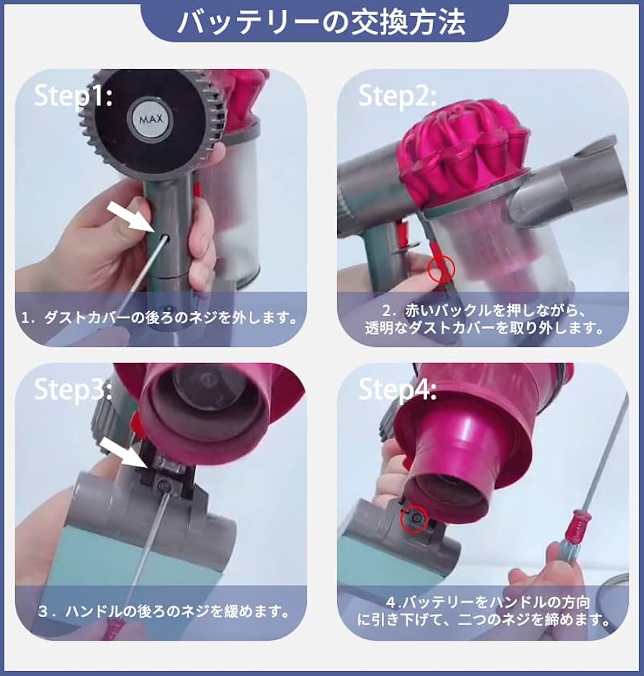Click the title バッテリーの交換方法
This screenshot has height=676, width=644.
(x=321, y=22)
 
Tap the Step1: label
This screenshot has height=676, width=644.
(x=73, y=96)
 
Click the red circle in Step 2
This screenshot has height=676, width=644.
(x=441, y=269)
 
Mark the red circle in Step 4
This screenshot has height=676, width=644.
(x=413, y=517)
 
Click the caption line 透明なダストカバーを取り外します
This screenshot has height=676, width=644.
(x=483, y=328)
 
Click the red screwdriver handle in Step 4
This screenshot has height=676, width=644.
(x=576, y=529)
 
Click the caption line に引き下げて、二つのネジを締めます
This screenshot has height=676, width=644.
(x=483, y=618)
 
